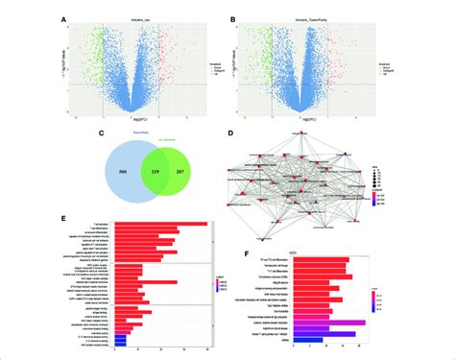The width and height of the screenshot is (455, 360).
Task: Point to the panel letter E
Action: click(62, 218)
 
